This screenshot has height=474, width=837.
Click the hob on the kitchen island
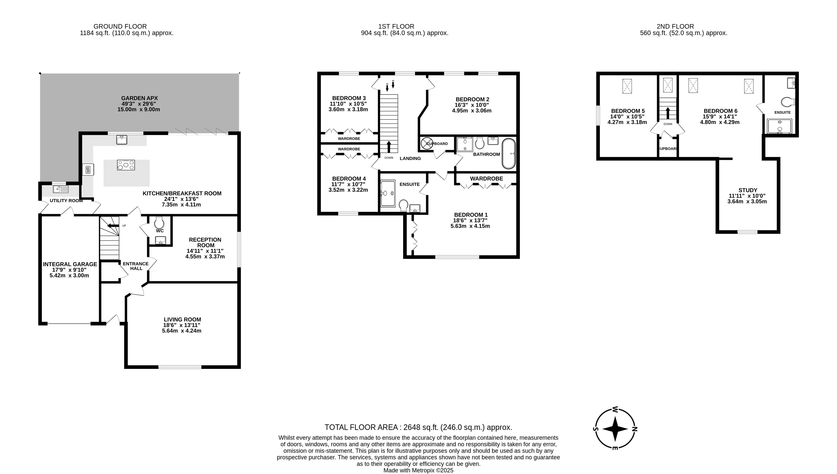pyautogui.click(x=126, y=165)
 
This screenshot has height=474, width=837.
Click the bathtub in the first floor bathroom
pyautogui.click(x=509, y=154)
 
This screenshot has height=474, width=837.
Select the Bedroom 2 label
pyautogui.click(x=472, y=105)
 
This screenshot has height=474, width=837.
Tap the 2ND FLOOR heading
pyautogui.click(x=675, y=26)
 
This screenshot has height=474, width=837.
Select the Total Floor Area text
pyautogui.click(x=418, y=427)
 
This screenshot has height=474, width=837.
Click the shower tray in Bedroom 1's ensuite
pyautogui.click(x=388, y=193)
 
